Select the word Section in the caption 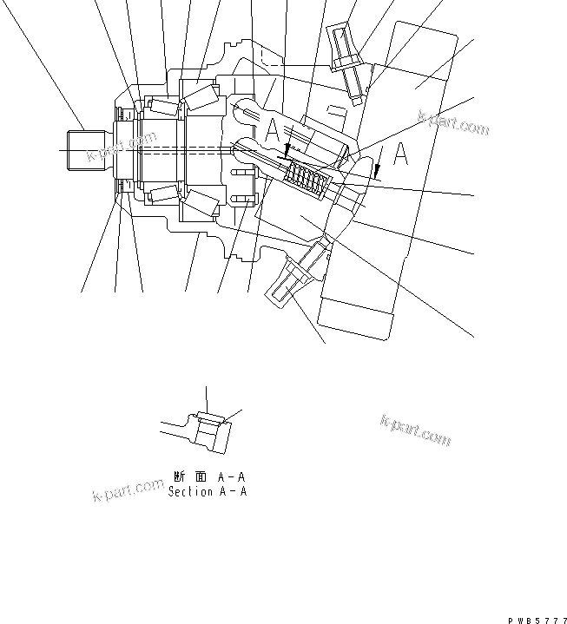pos(190,491)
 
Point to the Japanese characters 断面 pos(190,476)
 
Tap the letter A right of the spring pos(400,154)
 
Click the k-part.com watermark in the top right pos(453,123)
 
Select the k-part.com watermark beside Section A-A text pos(128,490)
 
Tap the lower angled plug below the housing pos(295,276)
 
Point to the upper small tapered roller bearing pos(162,108)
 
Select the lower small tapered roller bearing pos(162,193)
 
